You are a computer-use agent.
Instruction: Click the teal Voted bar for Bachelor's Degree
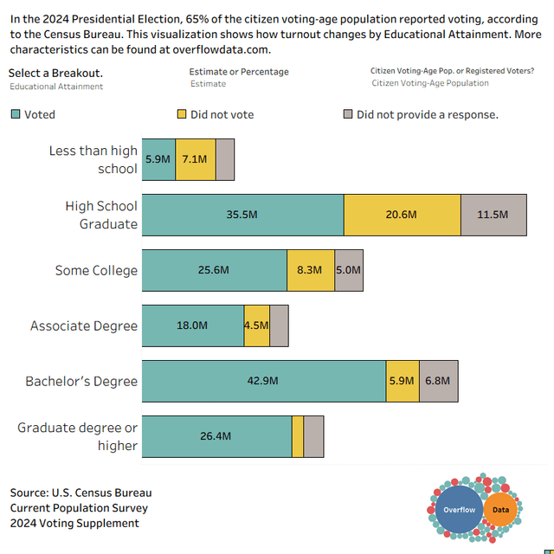pyautogui.click(x=263, y=381)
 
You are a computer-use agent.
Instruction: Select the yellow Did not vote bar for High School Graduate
pyautogui.click(x=402, y=215)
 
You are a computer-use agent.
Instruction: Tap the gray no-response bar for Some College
pyautogui.click(x=349, y=270)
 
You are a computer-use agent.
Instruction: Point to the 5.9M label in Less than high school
pyautogui.click(x=158, y=159)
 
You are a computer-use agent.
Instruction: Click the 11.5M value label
pyautogui.click(x=493, y=215)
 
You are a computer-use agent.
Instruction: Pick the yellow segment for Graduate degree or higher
pyautogui.click(x=298, y=436)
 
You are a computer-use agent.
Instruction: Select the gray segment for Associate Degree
pyautogui.click(x=279, y=325)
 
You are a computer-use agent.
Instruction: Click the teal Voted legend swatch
pyautogui.click(x=16, y=114)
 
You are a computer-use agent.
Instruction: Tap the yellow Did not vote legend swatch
pyautogui.click(x=181, y=114)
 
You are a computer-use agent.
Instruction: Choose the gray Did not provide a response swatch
pyautogui.click(x=348, y=114)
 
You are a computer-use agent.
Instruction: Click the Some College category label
pyautogui.click(x=96, y=270)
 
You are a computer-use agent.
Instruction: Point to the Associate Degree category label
pyautogui.click(x=84, y=325)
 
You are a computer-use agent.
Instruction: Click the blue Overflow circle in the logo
pyautogui.click(x=460, y=509)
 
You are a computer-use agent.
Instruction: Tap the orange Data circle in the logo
pyautogui.click(x=501, y=510)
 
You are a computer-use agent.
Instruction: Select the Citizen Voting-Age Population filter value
pyautogui.click(x=430, y=83)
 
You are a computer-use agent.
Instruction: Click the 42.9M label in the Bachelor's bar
pyautogui.click(x=263, y=381)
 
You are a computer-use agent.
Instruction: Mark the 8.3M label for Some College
pyautogui.click(x=310, y=270)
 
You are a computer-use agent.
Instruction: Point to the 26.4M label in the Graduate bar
pyautogui.click(x=216, y=436)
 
